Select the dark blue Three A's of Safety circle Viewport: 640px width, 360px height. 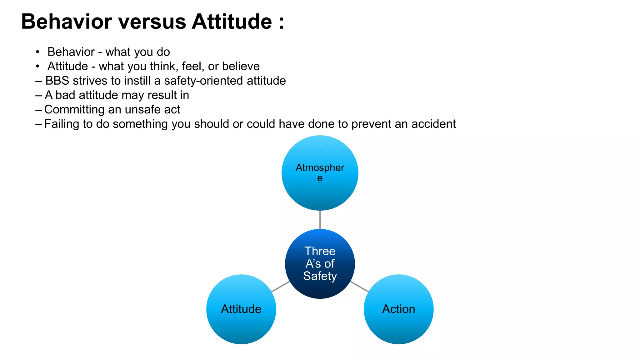(x=320, y=264)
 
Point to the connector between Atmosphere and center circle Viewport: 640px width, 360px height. (x=320, y=220)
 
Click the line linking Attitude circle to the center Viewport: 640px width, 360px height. (x=280, y=287)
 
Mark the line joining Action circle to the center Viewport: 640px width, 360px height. (x=359, y=287)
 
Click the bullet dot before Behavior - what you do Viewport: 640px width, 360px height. (x=37, y=52)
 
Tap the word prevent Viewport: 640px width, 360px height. (x=371, y=124)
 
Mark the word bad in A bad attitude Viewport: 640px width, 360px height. (x=65, y=95)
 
